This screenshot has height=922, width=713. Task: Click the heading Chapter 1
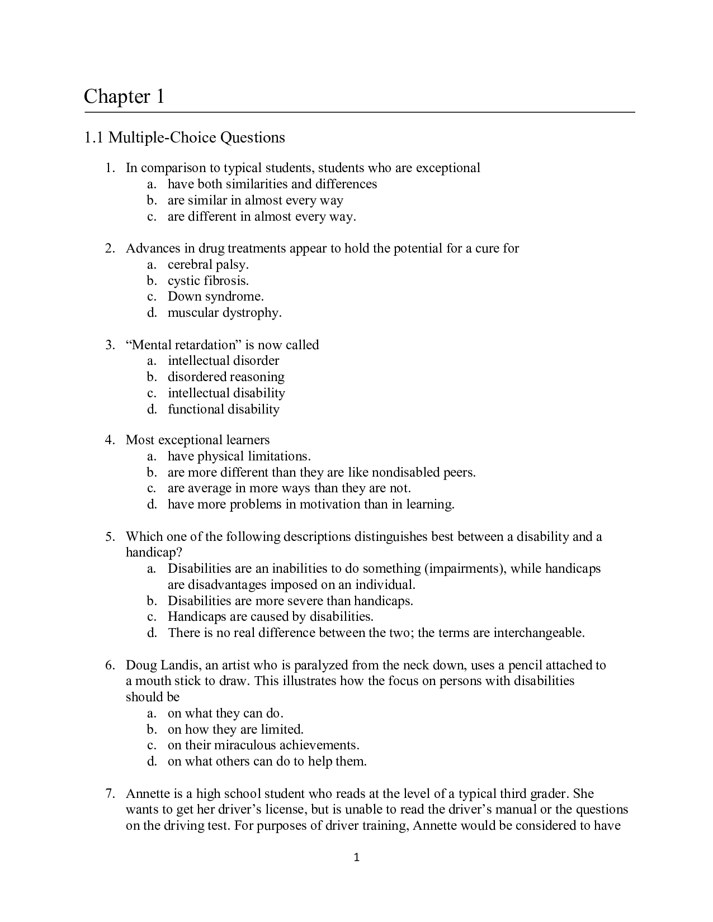coord(124,97)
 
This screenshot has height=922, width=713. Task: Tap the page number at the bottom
coord(357,858)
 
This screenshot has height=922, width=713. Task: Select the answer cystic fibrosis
coord(208,281)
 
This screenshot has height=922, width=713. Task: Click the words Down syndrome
coord(215,297)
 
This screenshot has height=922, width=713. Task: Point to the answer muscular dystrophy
coord(224,313)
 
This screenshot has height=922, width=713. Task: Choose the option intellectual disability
coord(226,393)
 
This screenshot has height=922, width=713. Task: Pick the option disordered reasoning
coord(226,377)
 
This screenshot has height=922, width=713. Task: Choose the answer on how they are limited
coord(235,729)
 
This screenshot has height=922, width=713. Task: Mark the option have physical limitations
coord(239,456)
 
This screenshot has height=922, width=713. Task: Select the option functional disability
coord(223,409)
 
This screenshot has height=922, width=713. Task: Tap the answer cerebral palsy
coord(208,264)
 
